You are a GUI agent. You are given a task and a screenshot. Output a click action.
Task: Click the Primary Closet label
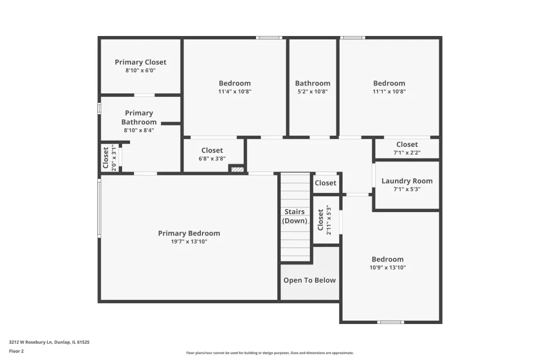[141, 62]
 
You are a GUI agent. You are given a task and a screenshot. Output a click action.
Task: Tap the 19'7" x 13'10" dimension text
[189, 241]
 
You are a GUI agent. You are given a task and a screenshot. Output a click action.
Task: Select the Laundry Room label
[407, 181]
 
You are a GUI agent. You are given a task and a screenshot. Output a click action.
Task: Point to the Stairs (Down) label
[294, 217]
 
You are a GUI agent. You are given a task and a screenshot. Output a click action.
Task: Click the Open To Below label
[309, 281]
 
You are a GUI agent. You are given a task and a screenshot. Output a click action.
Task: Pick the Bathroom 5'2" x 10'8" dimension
[313, 91]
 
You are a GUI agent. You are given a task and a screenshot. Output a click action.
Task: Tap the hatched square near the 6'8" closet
[237, 169]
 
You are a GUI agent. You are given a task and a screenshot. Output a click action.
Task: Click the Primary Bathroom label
[139, 118]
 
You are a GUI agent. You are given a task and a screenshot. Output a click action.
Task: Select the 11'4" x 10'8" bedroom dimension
[235, 91]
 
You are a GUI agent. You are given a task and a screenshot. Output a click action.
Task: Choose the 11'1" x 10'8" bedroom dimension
[389, 91]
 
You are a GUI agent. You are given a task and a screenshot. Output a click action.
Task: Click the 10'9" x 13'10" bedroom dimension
[388, 267]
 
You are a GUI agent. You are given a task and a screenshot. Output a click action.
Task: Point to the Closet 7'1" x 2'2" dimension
[407, 152]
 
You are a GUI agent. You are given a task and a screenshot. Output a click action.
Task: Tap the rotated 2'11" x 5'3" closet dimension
[328, 220]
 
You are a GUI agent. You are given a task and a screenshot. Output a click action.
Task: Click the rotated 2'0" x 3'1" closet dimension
[114, 157]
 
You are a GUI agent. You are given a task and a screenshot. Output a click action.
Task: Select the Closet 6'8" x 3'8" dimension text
[212, 159]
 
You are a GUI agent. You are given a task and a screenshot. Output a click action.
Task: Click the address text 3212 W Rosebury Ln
[30, 342]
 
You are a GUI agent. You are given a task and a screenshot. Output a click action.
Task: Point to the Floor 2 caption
[16, 351]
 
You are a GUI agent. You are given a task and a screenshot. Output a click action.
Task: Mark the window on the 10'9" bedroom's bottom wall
[390, 322]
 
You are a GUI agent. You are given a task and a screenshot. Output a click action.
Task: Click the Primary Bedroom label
[189, 233]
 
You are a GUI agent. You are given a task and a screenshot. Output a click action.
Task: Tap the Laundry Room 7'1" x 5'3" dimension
[407, 189]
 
